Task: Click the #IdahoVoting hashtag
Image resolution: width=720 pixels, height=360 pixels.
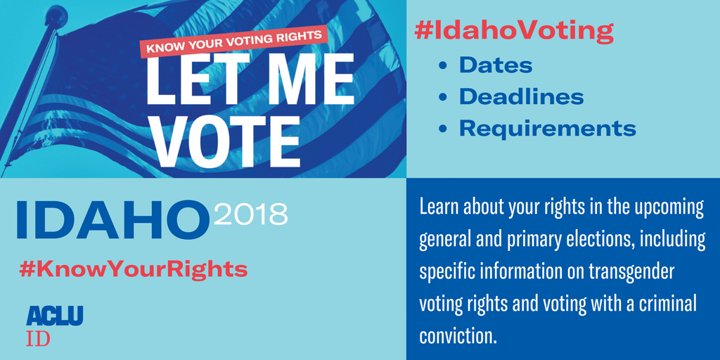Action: [x=514, y=31]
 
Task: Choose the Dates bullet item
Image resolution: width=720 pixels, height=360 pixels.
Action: [x=496, y=65]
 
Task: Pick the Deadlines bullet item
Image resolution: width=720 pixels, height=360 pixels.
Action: [x=521, y=97]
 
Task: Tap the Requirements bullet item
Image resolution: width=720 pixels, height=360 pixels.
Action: [x=547, y=129]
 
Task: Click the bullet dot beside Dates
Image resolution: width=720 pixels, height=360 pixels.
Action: [x=443, y=66]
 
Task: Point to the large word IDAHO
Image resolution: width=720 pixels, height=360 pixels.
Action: [x=112, y=219]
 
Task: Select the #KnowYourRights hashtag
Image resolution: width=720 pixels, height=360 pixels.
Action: [x=134, y=269]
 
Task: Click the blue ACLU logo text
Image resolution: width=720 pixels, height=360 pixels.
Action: [x=55, y=315]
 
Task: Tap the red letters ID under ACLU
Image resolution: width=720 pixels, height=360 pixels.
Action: [x=38, y=337]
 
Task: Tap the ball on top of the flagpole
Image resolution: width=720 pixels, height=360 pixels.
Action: [x=56, y=14]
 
